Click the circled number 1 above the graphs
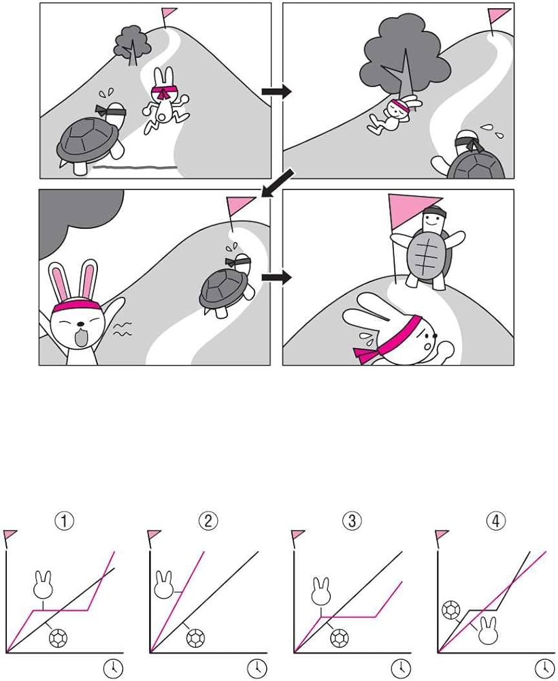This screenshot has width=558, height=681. (x=64, y=520)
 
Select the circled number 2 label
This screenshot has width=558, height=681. (x=208, y=520)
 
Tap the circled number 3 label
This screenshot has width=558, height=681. (x=352, y=520)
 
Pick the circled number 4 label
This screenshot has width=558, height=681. (x=496, y=520)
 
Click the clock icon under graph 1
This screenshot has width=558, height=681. (x=113, y=667)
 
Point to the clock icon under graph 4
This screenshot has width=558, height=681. (x=544, y=667)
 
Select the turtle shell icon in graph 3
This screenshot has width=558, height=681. (x=340, y=639)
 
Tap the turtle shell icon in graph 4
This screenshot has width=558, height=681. (x=451, y=610)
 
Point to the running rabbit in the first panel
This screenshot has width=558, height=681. (x=165, y=101)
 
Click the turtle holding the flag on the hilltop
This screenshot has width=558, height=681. (x=429, y=249)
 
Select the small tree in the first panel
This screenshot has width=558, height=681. (x=132, y=45)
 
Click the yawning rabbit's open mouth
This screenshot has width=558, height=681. (x=81, y=338)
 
